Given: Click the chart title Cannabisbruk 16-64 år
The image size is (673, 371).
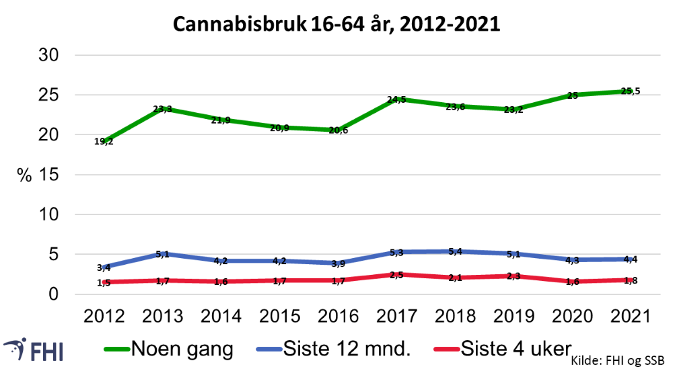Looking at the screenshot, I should pos(336,24).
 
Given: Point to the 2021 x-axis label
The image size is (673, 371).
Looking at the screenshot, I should pos(630,317).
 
